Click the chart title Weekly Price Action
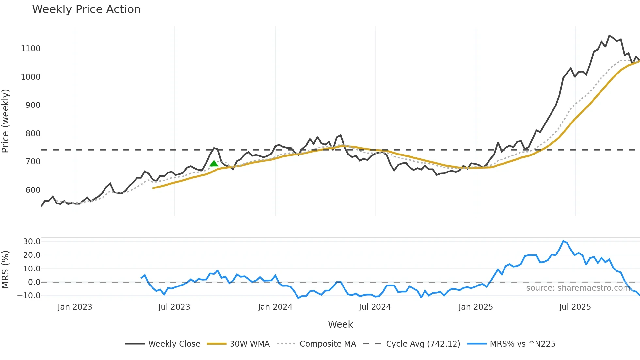[x=86, y=9]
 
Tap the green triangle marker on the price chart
[x=214, y=164]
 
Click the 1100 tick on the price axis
[x=30, y=49]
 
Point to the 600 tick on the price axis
[x=33, y=190]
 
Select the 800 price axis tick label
[x=33, y=134]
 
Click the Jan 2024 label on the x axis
[x=275, y=307]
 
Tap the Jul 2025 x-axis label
[x=575, y=307]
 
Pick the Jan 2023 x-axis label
[x=75, y=307]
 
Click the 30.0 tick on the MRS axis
[x=32, y=242]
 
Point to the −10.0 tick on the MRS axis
[x=29, y=296]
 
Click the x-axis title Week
[x=340, y=324]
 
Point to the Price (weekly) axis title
[x=5, y=121]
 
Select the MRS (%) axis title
[x=5, y=270]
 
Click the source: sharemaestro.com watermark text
[x=578, y=288]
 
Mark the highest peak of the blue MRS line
[x=563, y=241]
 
